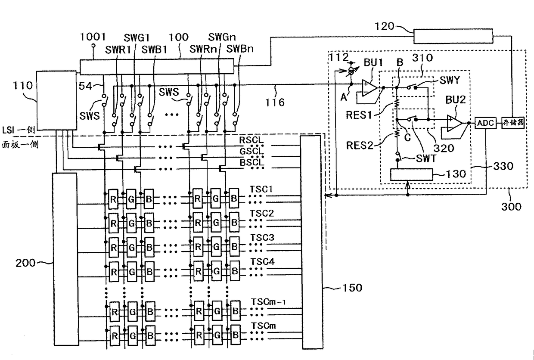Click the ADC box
pyautogui.click(x=485, y=123)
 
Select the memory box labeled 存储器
pyautogui.click(x=513, y=123)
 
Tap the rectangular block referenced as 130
pyautogui.click(x=411, y=174)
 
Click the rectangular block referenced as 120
pyautogui.click(x=453, y=36)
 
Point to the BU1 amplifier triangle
pyautogui.click(x=369, y=88)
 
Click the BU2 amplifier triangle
pyautogui.click(x=454, y=123)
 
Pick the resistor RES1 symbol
pyautogui.click(x=397, y=103)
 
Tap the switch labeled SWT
pyautogui.click(x=397, y=156)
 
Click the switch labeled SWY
pyautogui.click(x=412, y=87)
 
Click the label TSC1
pyautogui.click(x=261, y=189)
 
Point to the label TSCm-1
pyautogui.click(x=268, y=302)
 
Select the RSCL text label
pyautogui.click(x=251, y=140)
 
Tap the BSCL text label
pyautogui.click(x=252, y=162)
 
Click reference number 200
pyautogui.click(x=25, y=263)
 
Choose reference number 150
pyautogui.click(x=352, y=288)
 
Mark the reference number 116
pyautogui.click(x=275, y=102)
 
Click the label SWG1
pyautogui.click(x=137, y=37)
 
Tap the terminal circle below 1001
pyautogui.click(x=93, y=45)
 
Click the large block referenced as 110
pyautogui.click(x=56, y=100)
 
